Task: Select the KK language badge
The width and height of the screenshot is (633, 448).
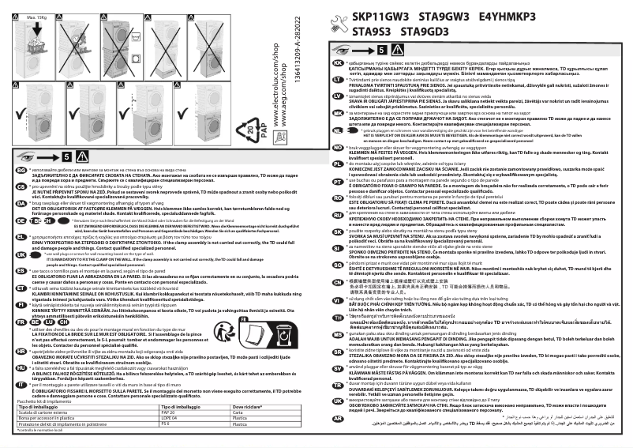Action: [338, 62]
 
